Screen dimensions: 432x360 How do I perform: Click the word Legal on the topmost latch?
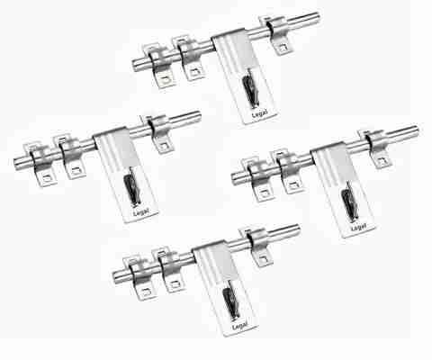click(260, 114)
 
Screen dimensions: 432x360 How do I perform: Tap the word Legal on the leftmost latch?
click(141, 211)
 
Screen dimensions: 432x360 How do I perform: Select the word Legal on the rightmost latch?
click(358, 228)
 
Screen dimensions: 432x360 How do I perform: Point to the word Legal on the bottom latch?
click(239, 326)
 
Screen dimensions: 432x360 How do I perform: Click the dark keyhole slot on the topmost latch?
click(250, 88)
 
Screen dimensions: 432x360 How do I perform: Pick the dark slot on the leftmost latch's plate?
click(131, 186)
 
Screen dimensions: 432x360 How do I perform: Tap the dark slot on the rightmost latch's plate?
click(349, 202)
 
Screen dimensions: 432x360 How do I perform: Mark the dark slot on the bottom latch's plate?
click(230, 300)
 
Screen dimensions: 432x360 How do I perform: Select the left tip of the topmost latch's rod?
click(134, 66)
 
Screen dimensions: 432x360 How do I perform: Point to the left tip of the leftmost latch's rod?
click(15, 165)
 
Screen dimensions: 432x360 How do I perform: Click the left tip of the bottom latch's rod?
click(114, 277)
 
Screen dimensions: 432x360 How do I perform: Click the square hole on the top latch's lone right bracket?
click(282, 47)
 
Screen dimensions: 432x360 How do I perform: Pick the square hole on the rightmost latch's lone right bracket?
click(382, 160)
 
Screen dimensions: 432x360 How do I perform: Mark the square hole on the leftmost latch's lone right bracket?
click(164, 146)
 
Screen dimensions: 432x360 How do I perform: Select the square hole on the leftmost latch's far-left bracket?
click(47, 178)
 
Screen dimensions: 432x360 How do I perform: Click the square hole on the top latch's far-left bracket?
click(166, 79)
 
